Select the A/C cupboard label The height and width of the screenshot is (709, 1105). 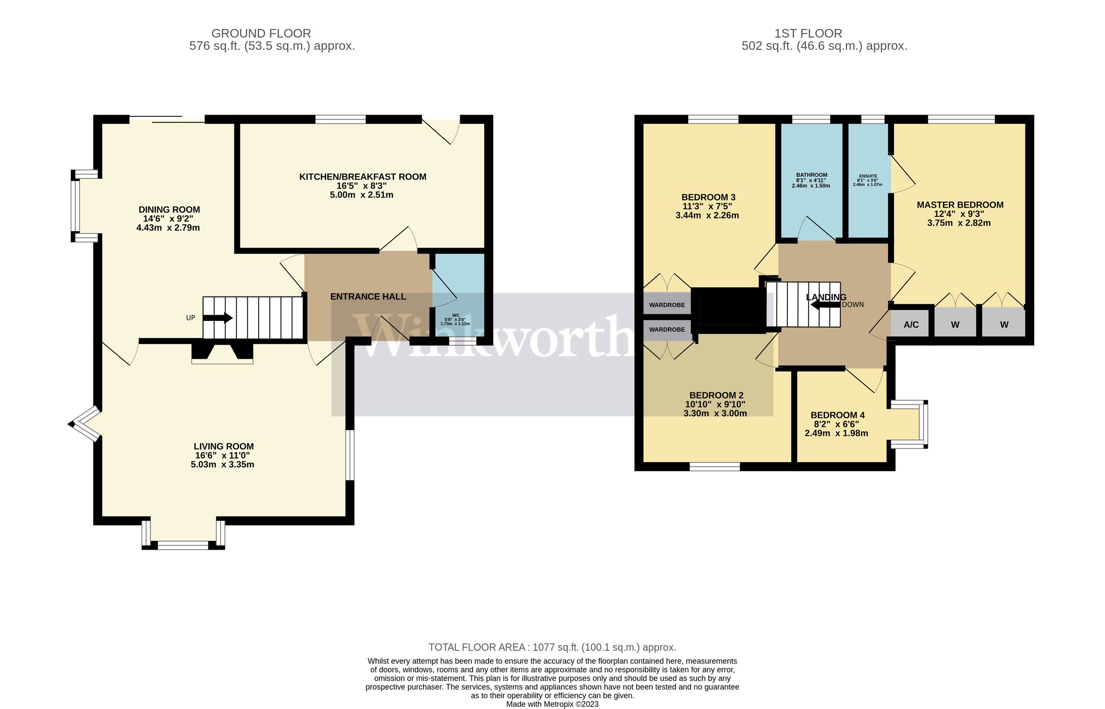click(x=911, y=325)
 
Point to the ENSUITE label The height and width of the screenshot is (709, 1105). click(x=868, y=176)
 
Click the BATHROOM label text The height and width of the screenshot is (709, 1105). click(x=812, y=175)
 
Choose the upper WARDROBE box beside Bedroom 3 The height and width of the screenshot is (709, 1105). click(x=667, y=305)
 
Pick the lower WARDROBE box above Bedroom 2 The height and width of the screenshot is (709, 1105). click(x=667, y=330)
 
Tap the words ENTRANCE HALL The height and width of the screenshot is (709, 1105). click(x=368, y=297)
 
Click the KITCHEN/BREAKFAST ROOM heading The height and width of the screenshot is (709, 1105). click(x=362, y=177)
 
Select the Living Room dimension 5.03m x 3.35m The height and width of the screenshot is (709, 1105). click(x=222, y=465)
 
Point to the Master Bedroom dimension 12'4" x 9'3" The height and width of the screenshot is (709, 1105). click(x=959, y=214)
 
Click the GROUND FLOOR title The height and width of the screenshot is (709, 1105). click(x=261, y=34)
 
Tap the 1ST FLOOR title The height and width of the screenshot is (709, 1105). click(x=808, y=34)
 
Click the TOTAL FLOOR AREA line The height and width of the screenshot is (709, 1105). click(x=552, y=647)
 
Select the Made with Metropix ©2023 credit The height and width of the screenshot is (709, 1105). click(x=552, y=704)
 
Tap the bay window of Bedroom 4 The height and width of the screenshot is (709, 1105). click(x=923, y=424)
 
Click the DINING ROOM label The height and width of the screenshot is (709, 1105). click(x=169, y=210)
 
